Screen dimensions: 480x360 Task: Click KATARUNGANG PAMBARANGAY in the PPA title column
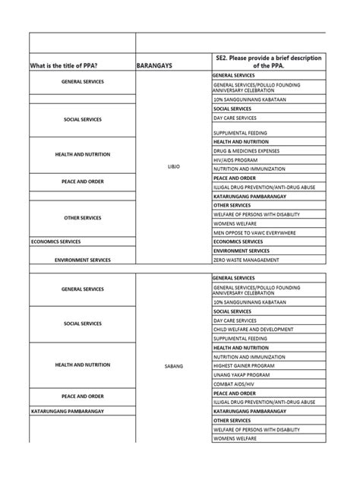point(68,411)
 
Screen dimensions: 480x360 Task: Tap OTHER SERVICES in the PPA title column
point(83,218)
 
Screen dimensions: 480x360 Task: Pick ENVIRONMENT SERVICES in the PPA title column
point(83,260)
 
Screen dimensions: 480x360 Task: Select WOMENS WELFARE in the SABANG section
point(237,438)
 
